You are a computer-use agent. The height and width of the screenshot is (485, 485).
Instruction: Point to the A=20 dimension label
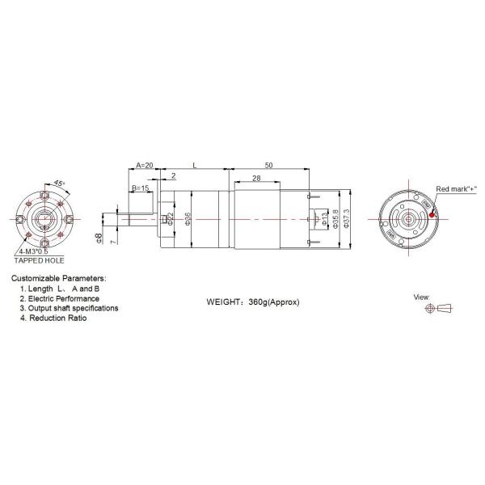[144, 164]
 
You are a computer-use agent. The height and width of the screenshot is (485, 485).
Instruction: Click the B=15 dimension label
[140, 188]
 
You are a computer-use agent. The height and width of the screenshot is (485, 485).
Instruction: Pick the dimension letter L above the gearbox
[194, 164]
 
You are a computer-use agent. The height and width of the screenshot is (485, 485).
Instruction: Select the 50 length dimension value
[268, 164]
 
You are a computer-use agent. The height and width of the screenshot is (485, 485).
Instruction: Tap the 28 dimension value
[255, 178]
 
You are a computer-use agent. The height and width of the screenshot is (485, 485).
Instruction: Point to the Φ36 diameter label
[188, 219]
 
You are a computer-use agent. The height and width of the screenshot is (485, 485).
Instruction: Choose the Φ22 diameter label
[171, 219]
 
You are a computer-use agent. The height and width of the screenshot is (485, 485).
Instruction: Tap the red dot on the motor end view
[433, 214]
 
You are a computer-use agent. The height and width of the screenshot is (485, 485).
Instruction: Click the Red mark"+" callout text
[457, 188]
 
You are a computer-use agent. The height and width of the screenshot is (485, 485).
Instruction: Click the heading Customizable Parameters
[58, 278]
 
